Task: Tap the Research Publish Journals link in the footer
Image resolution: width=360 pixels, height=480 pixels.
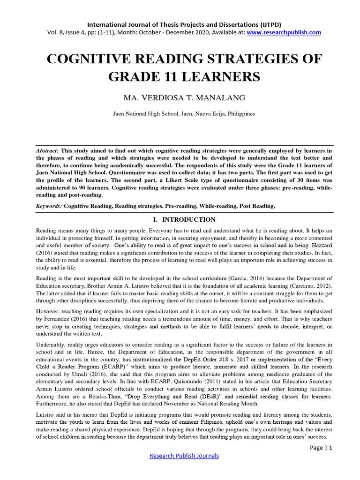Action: coord(184,455)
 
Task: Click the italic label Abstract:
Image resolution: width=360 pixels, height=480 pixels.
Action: coord(47,151)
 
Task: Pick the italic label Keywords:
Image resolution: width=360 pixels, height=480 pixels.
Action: coord(49,206)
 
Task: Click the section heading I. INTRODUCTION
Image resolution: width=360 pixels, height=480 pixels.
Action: coord(180,219)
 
